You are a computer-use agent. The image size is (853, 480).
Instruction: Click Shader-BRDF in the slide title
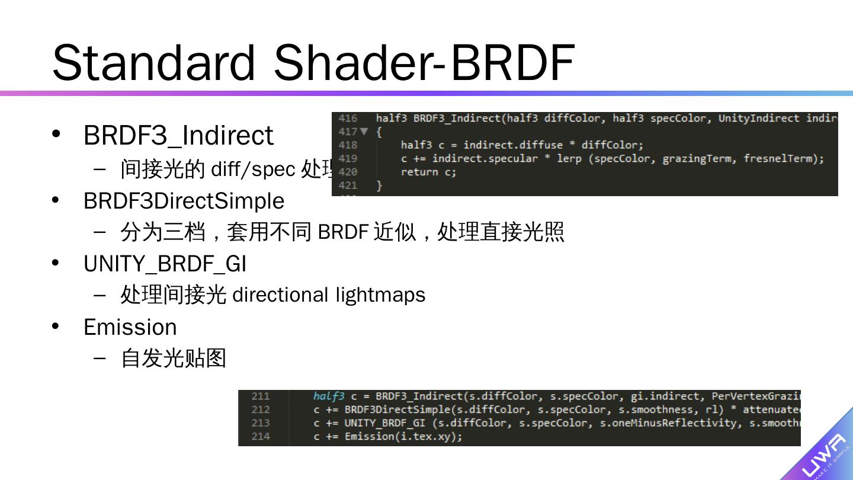[x=424, y=62]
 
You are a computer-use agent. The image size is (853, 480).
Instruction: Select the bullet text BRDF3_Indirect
[x=178, y=135]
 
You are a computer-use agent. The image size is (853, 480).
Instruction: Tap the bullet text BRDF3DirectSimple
[x=184, y=201]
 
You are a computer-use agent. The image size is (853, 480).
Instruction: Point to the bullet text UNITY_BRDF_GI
[x=165, y=264]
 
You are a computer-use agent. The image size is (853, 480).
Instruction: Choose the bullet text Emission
[x=130, y=327]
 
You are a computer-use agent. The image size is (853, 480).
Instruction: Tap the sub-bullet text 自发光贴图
[x=174, y=358]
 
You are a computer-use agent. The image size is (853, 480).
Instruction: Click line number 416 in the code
[x=348, y=119]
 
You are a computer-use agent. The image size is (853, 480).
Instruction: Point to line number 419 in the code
[x=348, y=159]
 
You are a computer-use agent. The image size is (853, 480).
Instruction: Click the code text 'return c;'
[x=428, y=172]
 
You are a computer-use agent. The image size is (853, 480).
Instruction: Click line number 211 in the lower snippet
[x=260, y=396]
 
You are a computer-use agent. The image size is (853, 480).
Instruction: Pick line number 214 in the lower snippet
[x=260, y=437]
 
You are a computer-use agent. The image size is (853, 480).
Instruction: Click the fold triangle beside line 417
[x=364, y=132]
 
